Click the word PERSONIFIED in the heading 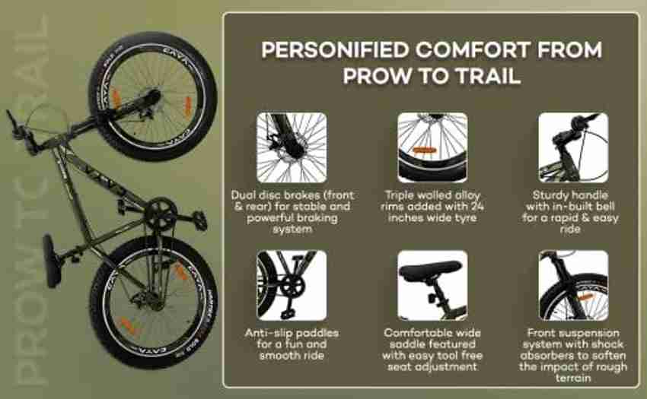pyautogui.click(x=335, y=50)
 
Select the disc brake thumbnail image pyautogui.click(x=292, y=147)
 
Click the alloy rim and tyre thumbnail pyautogui.click(x=432, y=147)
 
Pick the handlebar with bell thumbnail pyautogui.click(x=573, y=147)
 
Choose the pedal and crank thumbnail pyautogui.click(x=292, y=285)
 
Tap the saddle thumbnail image pyautogui.click(x=432, y=285)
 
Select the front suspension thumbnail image pyautogui.click(x=573, y=285)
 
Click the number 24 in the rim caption pyautogui.click(x=476, y=206)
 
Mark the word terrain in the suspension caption pyautogui.click(x=572, y=378)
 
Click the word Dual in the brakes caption pyautogui.click(x=243, y=195)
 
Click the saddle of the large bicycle pyautogui.click(x=52, y=261)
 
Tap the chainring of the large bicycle pyautogui.click(x=160, y=214)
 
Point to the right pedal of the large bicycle pyautogui.click(x=199, y=220)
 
